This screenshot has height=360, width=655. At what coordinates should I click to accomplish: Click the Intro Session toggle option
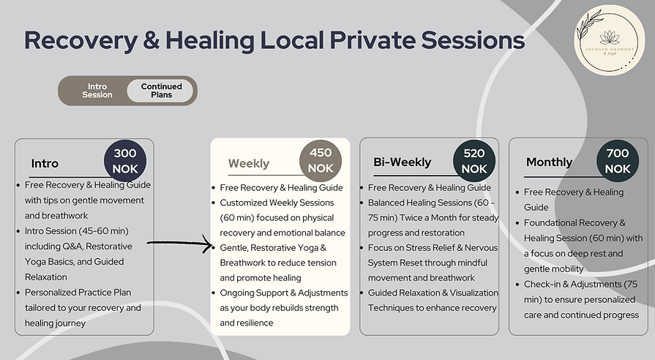click(x=97, y=91)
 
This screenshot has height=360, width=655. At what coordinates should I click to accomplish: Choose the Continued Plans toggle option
click(x=161, y=91)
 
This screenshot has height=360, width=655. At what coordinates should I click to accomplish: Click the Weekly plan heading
click(x=249, y=163)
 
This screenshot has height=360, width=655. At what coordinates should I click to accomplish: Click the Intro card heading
click(x=45, y=162)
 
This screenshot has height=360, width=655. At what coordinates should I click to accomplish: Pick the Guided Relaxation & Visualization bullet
click(x=433, y=300)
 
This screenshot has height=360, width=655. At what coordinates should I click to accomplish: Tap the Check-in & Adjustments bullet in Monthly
click(x=582, y=300)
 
